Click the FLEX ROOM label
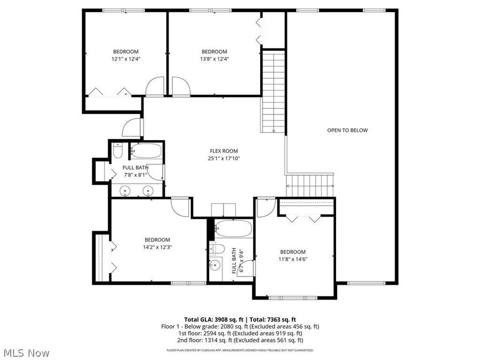(x=223, y=151)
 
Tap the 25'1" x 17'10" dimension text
(x=223, y=158)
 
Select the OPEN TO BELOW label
(x=347, y=130)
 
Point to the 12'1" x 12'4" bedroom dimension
(x=126, y=59)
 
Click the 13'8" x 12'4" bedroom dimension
(x=214, y=59)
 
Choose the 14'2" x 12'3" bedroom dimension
(x=157, y=247)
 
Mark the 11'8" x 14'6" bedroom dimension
(x=293, y=259)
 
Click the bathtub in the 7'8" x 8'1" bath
(x=146, y=151)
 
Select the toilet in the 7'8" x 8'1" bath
(x=118, y=152)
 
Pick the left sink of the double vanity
(x=125, y=190)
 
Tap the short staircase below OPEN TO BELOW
(x=310, y=185)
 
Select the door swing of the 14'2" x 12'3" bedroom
(x=179, y=207)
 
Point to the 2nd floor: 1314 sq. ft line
(x=240, y=340)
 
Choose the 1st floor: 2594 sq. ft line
(x=240, y=333)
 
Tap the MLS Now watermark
(x=27, y=353)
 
